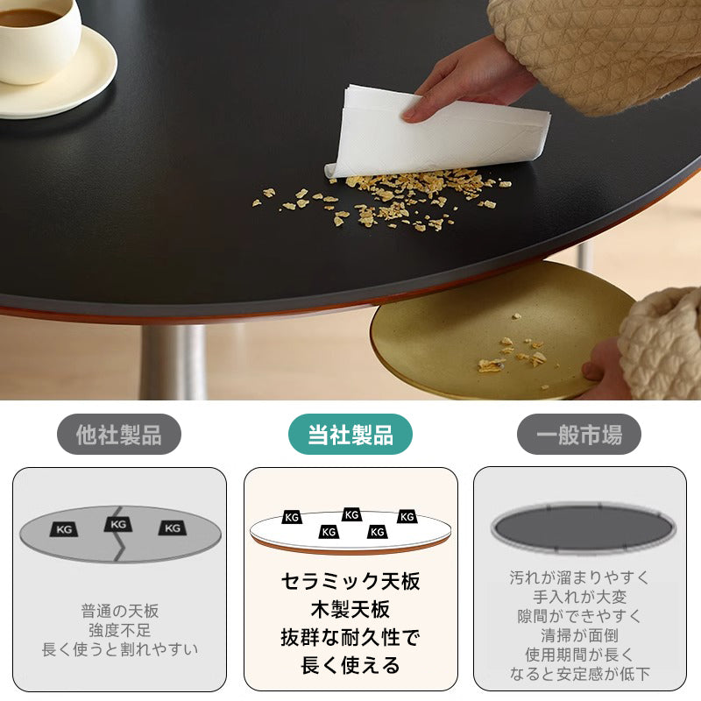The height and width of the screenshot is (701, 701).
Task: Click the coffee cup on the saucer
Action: click(38, 39)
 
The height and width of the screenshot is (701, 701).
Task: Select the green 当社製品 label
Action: click(350, 434)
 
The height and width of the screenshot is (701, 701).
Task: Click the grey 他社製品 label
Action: click(119, 434)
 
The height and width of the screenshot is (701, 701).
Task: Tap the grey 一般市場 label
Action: click(579, 434)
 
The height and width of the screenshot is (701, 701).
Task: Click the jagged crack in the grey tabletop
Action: click(119, 535)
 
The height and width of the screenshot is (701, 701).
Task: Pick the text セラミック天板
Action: click(350, 581)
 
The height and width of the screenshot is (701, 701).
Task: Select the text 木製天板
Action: click(350, 609)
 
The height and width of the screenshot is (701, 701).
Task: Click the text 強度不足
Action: click(120, 630)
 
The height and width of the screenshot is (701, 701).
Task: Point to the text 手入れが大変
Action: click(579, 597)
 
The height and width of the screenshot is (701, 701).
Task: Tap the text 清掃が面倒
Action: click(579, 635)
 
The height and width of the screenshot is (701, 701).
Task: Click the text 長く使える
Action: click(350, 665)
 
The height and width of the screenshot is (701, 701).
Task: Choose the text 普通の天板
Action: click(120, 611)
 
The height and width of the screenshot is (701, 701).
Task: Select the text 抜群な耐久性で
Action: click(350, 637)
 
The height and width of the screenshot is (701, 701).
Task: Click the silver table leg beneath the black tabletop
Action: click(173, 362)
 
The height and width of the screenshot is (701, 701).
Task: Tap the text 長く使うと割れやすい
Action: click(120, 649)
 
